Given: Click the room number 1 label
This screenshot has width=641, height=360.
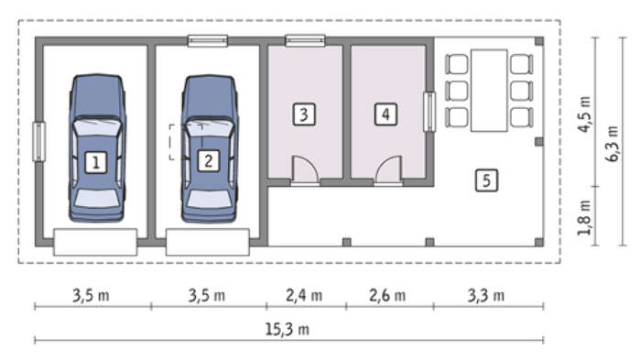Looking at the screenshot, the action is point(96,162).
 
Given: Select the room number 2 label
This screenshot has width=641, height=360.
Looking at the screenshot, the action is point(209,161).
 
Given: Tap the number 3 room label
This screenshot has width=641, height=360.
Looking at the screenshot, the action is point(304,115).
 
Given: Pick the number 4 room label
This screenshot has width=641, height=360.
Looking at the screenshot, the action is point(386,115).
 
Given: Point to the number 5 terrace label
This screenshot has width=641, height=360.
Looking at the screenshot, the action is point(486,180).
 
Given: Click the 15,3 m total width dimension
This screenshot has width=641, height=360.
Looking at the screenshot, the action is point(288,330).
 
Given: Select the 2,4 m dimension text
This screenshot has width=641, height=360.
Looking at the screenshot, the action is point(304,295).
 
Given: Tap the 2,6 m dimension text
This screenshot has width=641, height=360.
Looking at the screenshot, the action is point(387,295).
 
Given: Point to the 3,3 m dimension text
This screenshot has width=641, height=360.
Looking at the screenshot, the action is point(486,295).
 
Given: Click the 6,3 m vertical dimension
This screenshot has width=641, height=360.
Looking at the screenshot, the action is point(613,144).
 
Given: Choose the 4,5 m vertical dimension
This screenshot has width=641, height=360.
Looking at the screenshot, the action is point(584,115).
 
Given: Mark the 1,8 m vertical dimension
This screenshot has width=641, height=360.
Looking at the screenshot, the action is point(584,217).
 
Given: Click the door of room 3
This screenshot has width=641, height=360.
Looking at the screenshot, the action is point(305,170).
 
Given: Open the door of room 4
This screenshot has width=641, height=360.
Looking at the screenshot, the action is point(388,170).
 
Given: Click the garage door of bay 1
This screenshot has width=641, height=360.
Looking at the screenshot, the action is point(95,242).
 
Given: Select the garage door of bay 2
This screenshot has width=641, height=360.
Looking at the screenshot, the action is point(208,242).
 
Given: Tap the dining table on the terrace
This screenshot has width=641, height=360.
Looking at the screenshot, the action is point(489,91).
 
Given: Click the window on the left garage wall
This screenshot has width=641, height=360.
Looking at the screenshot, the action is point(39,142).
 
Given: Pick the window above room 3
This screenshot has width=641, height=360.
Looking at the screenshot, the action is point(305,41).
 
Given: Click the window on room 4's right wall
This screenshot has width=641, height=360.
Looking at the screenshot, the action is point(429,112).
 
